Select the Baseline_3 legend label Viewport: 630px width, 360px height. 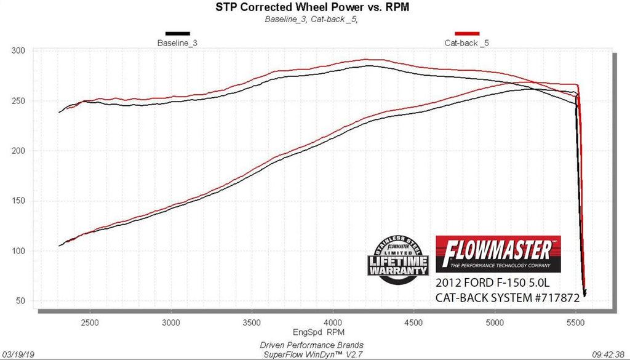point(177,43)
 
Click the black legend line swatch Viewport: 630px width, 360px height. point(177,33)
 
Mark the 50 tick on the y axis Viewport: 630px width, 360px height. point(20,301)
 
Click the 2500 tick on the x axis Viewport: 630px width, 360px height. point(90,322)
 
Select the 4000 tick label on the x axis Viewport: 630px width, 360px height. point(332,322)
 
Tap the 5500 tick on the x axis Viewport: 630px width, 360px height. point(575,322)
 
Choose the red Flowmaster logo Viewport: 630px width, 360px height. point(498,253)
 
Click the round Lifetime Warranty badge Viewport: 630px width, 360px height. point(398,259)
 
